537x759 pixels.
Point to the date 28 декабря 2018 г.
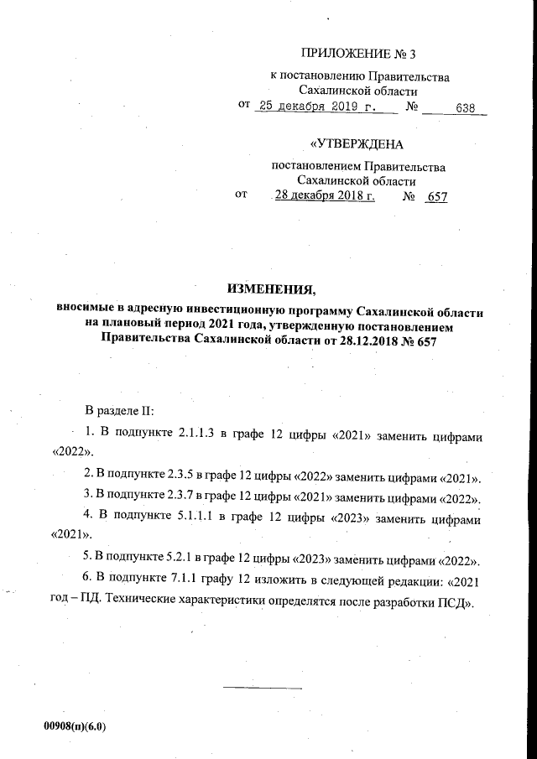pos(325,196)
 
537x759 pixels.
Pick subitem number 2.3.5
pos(198,477)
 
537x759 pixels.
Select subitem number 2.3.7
pos(198,499)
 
